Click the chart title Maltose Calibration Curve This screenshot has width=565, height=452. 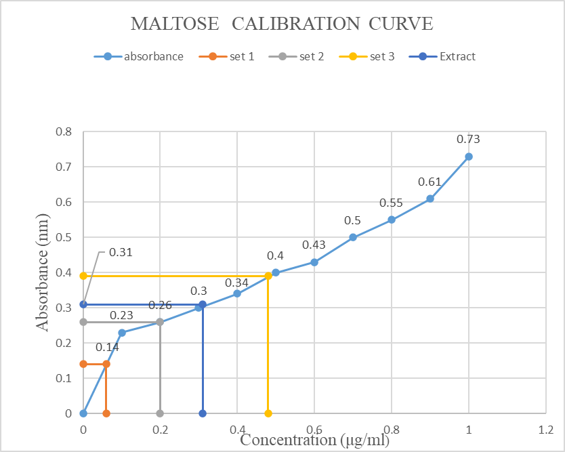(x=281, y=24)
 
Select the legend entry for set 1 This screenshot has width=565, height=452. (x=232, y=56)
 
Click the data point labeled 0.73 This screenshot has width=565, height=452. (x=468, y=157)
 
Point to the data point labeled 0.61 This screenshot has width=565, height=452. (x=430, y=199)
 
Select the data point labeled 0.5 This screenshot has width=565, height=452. (x=353, y=237)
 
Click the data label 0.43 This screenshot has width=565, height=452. (x=314, y=245)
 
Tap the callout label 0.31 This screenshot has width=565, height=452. (x=120, y=253)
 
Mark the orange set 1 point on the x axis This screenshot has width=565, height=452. (x=106, y=413)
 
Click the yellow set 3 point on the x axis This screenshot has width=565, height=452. (x=268, y=413)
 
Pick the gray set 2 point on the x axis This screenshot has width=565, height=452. (x=160, y=413)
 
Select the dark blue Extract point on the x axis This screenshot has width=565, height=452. (x=203, y=413)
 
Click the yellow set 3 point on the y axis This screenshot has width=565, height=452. (x=83, y=276)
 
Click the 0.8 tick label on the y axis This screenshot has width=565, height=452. (x=64, y=131)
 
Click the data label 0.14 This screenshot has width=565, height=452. (x=107, y=348)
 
